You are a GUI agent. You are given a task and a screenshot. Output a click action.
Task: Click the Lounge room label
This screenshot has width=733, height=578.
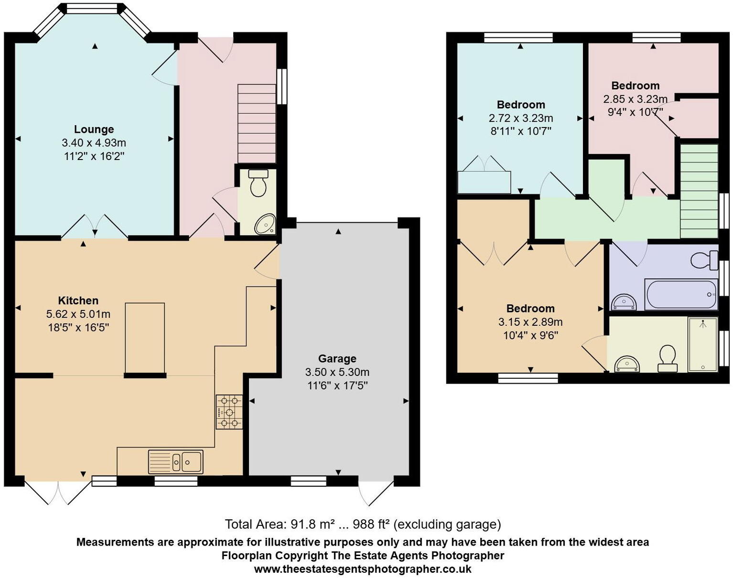(94, 129)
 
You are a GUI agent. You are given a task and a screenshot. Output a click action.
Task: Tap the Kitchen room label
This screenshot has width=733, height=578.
(78, 300)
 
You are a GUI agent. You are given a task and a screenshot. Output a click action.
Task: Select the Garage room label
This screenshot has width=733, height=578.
(337, 359)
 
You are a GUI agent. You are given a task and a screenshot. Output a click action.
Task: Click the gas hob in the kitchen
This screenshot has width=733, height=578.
(229, 412)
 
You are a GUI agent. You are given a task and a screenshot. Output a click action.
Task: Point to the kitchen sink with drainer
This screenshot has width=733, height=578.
(175, 461)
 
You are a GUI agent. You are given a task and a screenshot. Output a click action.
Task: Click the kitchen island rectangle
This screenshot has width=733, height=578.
(145, 338)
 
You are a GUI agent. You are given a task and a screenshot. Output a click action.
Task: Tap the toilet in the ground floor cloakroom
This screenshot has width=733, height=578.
(259, 183)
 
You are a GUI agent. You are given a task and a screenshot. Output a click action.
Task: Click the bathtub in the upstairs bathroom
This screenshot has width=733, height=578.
(681, 294)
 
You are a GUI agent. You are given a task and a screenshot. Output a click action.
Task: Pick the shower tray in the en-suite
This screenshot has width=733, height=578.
(702, 344)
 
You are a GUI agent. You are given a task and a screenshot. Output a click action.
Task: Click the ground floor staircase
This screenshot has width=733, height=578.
(257, 124)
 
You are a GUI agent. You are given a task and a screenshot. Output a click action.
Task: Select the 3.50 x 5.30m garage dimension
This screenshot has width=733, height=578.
(337, 372)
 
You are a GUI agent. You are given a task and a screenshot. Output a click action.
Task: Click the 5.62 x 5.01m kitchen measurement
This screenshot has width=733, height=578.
(78, 314)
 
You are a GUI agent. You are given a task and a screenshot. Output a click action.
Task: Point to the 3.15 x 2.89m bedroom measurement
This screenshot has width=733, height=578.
(530, 322)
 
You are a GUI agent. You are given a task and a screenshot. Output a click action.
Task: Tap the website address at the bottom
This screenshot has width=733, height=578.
(363, 569)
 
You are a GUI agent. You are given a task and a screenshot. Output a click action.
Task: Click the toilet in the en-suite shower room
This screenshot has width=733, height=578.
(668, 358)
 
